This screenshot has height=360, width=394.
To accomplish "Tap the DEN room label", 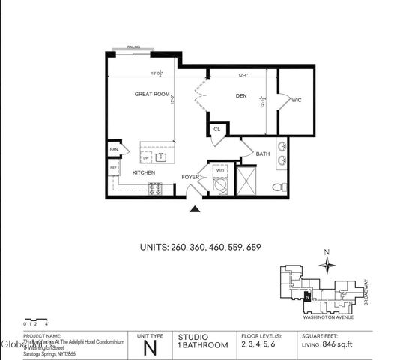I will point(241,96).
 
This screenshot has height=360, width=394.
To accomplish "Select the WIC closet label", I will point(297,99).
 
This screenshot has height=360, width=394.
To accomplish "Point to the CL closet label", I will point(216,130).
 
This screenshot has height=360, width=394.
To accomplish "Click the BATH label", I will point(262,154).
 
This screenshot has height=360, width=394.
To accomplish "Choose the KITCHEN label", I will point(144,172).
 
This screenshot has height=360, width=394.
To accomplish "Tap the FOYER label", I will point(190,178).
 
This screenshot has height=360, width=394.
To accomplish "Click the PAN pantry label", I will point(114,149).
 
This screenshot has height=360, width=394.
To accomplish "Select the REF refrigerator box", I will point(114,169).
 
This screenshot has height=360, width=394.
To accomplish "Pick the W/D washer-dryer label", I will point(220,172).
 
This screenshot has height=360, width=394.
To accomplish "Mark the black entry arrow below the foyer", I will point(195,211).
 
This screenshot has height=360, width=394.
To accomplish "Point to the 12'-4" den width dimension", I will point(243,74).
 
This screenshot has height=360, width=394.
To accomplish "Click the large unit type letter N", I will point(150,347).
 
